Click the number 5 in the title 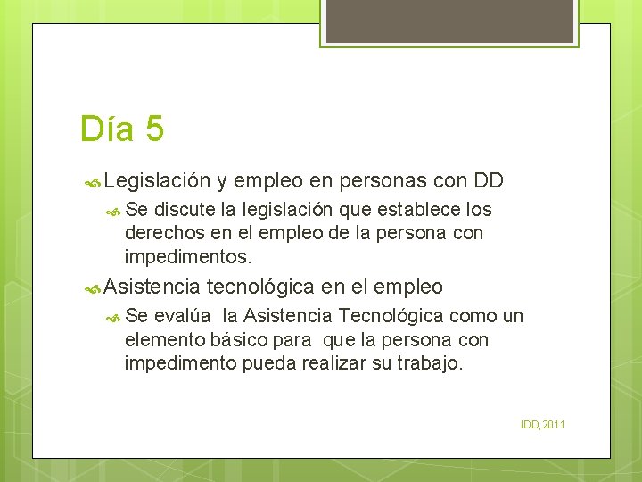pyautogui.click(x=153, y=129)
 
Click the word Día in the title pyautogui.click(x=106, y=129)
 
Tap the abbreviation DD pyautogui.click(x=489, y=181)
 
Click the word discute pyautogui.click(x=185, y=211)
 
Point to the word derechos pyautogui.click(x=158, y=234)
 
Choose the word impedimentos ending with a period pyautogui.click(x=188, y=257)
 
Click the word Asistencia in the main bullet pyautogui.click(x=152, y=287)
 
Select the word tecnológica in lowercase pyautogui.click(x=260, y=287)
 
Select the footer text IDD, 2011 pyautogui.click(x=543, y=424)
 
